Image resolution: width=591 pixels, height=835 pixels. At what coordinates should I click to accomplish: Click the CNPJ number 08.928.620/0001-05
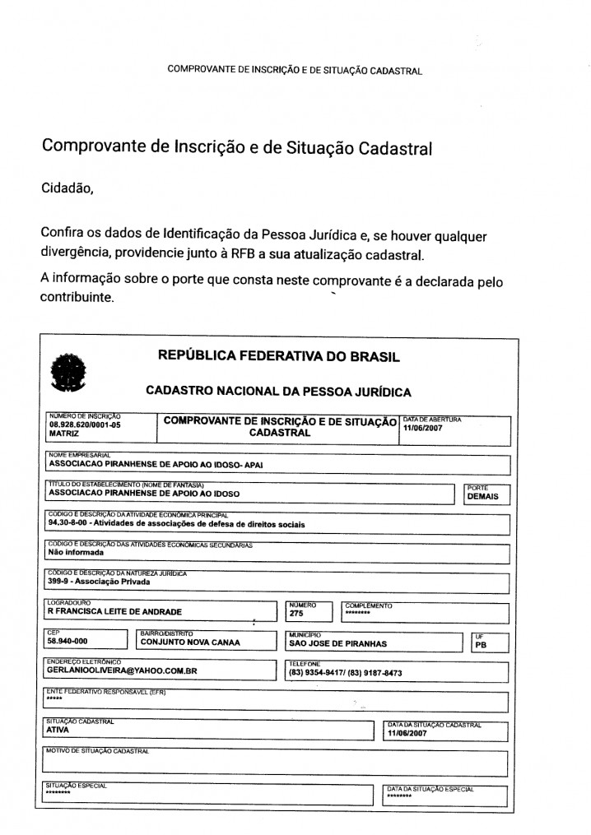pos(85,425)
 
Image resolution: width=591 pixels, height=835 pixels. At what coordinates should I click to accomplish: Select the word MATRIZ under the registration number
pos(64,434)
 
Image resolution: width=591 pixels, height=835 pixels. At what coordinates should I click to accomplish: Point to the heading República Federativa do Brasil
pos(278,357)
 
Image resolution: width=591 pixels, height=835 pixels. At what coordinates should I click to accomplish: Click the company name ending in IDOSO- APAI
pos(156,463)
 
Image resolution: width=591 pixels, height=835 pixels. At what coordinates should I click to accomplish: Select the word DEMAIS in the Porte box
pos(483,496)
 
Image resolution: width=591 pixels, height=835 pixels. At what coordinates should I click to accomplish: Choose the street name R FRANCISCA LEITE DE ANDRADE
pos(114,612)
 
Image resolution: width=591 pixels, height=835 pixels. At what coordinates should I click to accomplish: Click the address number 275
pos(296,613)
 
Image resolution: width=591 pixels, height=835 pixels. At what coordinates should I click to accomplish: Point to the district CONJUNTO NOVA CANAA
pos(190,643)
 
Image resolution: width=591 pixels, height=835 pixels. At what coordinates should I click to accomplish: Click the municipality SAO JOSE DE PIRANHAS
pos(337,643)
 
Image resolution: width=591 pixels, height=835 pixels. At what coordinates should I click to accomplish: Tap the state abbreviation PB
pos(481,645)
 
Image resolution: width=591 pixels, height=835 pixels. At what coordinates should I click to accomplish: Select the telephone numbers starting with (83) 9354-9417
pos(345,673)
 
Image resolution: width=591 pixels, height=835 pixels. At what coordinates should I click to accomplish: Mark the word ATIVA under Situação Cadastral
pos(58,729)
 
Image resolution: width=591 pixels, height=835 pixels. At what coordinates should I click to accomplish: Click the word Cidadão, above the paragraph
pos(67,188)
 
